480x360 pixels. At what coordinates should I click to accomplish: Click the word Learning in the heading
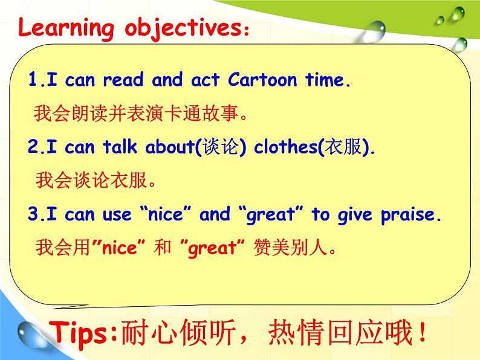[x=66, y=28]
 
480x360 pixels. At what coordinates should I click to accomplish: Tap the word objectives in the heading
[x=183, y=29]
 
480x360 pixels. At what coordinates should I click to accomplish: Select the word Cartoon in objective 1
[x=262, y=80]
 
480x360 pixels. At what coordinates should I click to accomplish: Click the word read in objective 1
[x=123, y=80]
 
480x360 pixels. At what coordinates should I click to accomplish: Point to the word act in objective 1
[x=205, y=80]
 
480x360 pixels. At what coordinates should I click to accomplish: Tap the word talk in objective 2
[x=120, y=146]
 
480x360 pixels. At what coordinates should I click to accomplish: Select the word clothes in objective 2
[x=285, y=146]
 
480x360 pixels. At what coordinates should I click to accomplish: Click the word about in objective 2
[x=170, y=146]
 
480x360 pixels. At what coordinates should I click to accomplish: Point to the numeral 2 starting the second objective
[x=33, y=146]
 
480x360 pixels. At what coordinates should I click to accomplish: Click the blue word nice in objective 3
[x=165, y=214]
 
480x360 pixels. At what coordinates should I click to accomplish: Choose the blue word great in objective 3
[x=270, y=214]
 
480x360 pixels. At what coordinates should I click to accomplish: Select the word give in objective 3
[x=355, y=214]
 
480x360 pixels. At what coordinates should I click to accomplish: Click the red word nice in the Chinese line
[x=119, y=248]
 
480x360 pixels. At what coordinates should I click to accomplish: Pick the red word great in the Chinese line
[x=212, y=248]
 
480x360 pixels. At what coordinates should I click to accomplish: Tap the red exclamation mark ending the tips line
[x=423, y=332]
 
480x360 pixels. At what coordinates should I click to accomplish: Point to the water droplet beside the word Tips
[x=32, y=334]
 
